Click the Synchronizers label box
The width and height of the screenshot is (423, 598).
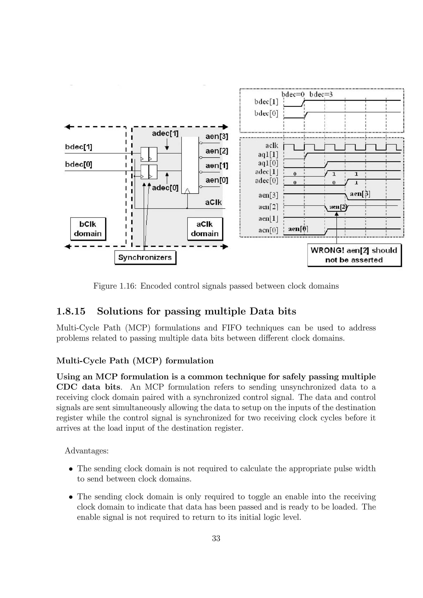click(145, 257)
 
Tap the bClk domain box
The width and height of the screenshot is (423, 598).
click(88, 229)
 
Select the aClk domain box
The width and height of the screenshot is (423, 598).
click(205, 229)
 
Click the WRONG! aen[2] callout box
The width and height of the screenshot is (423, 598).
click(354, 255)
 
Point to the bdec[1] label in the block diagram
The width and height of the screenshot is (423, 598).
click(78, 147)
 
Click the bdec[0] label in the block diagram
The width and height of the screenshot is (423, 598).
click(78, 165)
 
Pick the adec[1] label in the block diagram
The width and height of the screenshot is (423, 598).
click(165, 134)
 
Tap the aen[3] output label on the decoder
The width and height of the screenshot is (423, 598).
click(216, 136)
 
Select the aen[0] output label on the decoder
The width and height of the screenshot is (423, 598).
click(216, 180)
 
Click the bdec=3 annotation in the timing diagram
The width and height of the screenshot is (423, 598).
click(321, 94)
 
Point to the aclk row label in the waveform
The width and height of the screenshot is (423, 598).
click(272, 146)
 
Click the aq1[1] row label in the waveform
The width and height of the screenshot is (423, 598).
click(268, 155)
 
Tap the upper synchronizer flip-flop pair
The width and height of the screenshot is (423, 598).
click(149, 154)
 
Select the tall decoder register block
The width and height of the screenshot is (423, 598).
click(190, 165)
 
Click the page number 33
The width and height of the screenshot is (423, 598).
click(216, 538)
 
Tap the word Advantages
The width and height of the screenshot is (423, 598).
click(87, 451)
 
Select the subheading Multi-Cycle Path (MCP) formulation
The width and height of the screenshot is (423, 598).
click(135, 361)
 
